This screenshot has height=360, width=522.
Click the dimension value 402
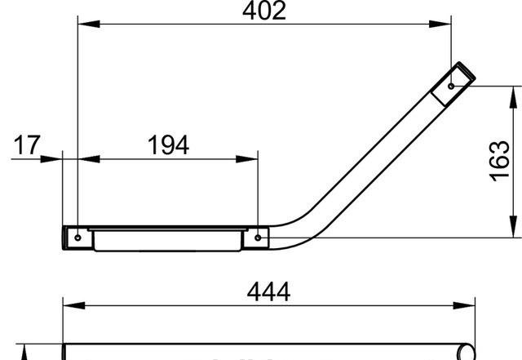coord(265,11)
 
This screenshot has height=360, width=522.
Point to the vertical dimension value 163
coord(500,162)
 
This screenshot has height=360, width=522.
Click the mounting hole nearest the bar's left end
coord(77,238)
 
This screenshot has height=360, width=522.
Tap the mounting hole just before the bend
coord(258,238)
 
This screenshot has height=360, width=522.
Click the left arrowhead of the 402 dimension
coord(82,24)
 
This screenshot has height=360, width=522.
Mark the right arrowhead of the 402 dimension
coord(447,24)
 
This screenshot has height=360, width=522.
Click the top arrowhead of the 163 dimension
coord(513,91)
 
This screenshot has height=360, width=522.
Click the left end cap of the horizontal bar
coord(67,237)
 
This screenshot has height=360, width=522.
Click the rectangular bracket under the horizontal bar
coord(167,241)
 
